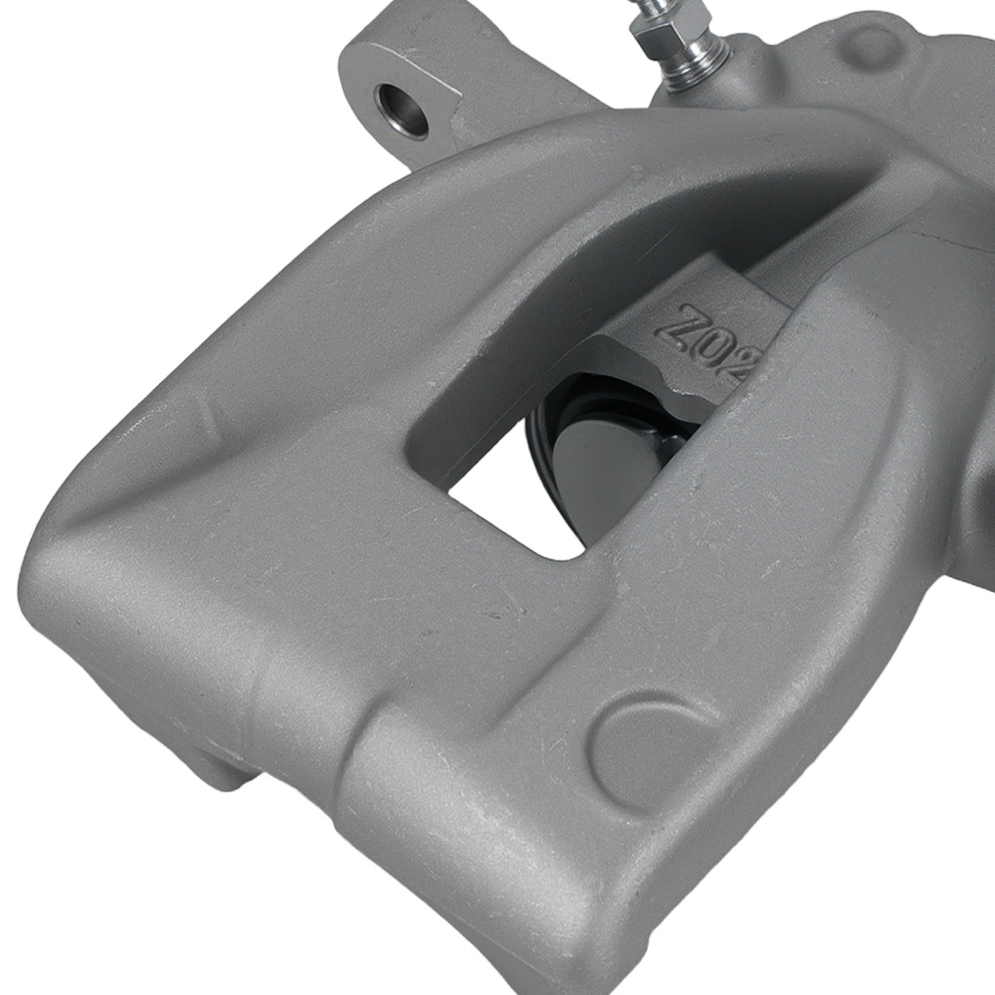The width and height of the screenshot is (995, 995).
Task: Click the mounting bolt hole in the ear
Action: pyautogui.click(x=402, y=108)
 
